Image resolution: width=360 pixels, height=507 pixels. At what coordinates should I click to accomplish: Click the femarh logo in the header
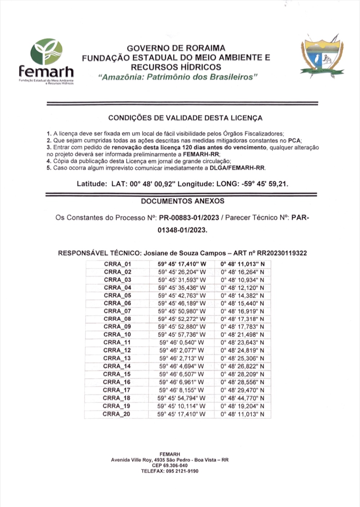click(x=46, y=61)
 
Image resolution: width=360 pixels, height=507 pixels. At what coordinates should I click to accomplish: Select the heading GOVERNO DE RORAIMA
click(x=176, y=48)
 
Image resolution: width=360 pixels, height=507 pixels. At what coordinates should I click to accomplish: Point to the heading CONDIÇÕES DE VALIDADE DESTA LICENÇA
click(x=185, y=118)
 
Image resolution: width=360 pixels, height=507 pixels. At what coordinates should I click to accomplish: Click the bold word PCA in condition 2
click(x=294, y=140)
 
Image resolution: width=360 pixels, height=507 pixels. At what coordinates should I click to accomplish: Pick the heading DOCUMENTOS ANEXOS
click(x=183, y=201)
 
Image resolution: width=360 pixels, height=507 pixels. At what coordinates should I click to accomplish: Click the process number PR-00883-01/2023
click(x=189, y=218)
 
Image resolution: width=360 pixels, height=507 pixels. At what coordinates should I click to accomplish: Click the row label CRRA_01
click(x=117, y=264)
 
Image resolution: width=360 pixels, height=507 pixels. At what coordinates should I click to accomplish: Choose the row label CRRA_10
click(x=117, y=334)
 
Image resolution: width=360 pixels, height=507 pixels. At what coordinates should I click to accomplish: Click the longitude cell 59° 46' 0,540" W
click(x=181, y=342)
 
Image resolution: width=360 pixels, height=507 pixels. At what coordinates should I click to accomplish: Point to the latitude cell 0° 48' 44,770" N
click(x=242, y=398)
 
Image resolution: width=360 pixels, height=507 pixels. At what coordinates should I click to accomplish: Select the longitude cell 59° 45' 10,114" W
click(x=181, y=406)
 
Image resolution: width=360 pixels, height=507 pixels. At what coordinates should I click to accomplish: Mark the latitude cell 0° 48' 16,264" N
click(x=242, y=272)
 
